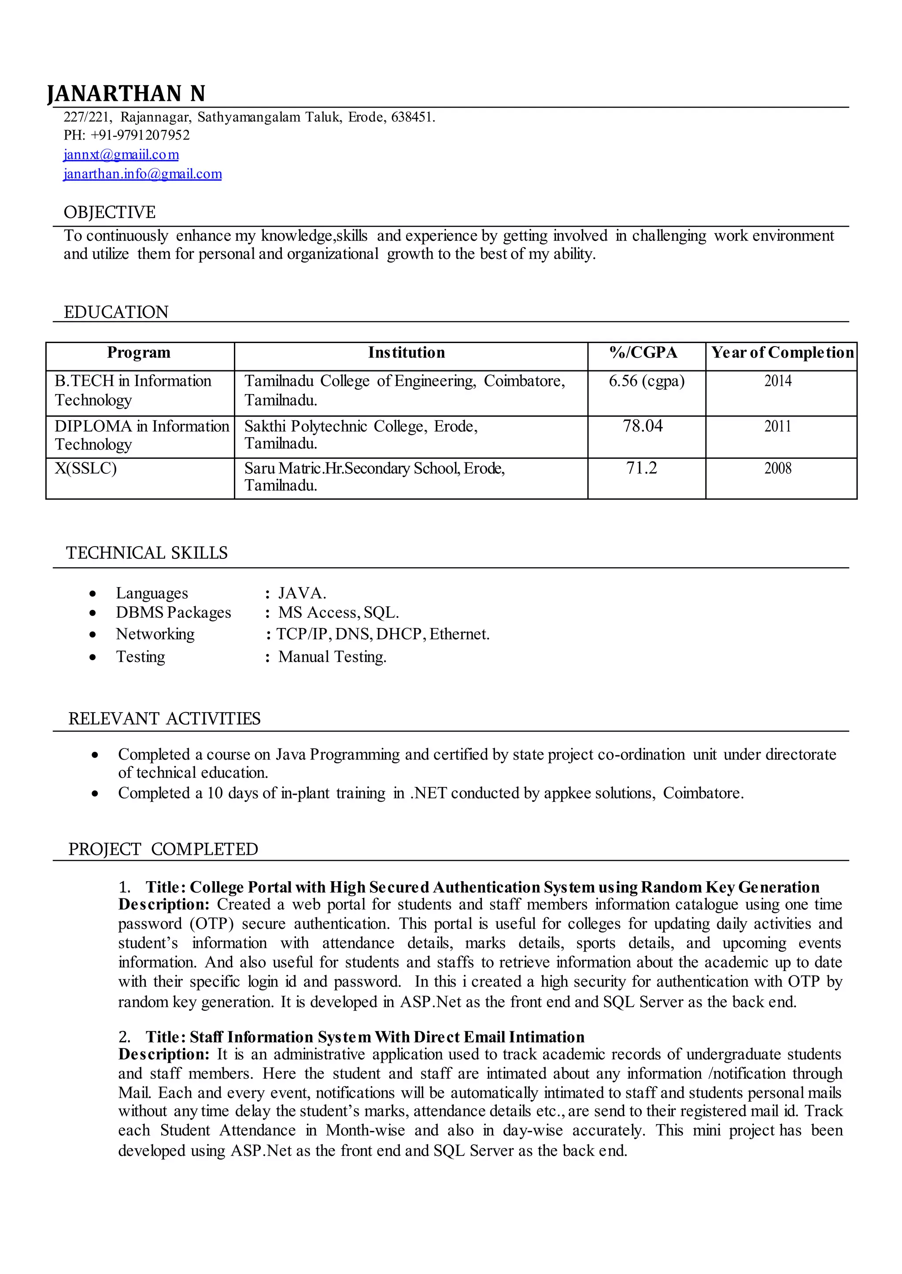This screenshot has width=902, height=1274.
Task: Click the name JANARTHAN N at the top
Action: [127, 93]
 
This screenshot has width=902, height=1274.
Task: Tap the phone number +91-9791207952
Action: [140, 135]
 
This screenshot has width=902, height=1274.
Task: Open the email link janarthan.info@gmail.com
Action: [143, 174]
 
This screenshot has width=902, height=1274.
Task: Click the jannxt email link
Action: [121, 155]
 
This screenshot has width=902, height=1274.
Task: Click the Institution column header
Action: [407, 353]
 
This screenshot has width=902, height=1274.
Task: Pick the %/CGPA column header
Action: [643, 353]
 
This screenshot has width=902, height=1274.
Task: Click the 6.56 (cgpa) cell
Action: [647, 381]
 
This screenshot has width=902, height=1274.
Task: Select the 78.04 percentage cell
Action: [643, 426]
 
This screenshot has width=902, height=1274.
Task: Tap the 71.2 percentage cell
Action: [642, 468]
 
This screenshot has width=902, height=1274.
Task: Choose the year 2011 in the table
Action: [778, 427]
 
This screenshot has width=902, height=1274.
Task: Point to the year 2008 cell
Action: [778, 469]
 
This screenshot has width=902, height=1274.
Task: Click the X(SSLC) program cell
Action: [85, 469]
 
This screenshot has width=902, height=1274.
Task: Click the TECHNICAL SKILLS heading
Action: [147, 553]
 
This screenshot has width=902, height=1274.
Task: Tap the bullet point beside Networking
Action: [93, 635]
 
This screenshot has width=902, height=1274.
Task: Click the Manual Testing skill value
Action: [332, 657]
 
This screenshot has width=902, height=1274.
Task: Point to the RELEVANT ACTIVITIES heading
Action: [164, 719]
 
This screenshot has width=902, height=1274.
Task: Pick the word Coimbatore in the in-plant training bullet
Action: [702, 793]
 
